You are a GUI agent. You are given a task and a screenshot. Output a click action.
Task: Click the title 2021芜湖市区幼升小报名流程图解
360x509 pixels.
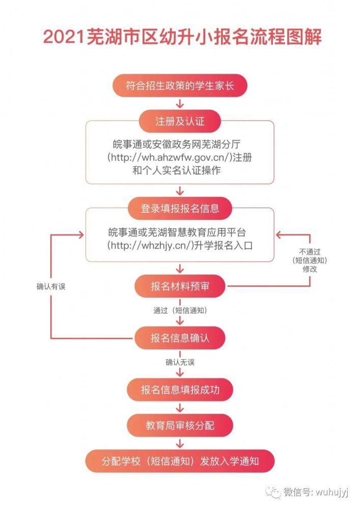182,36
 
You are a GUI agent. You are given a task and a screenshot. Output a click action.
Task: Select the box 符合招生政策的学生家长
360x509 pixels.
180,86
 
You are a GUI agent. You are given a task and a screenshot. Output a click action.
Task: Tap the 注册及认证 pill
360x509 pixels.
180,122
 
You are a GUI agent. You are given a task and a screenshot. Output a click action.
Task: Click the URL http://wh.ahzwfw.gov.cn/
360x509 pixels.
170,157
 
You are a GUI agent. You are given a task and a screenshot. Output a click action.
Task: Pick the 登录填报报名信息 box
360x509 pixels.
180,208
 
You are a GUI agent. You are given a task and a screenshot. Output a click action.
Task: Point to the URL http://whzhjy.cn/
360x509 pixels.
151,245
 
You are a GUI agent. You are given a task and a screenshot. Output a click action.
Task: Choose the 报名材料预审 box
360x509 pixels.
180,286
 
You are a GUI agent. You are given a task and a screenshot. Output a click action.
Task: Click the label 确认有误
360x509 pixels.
51,286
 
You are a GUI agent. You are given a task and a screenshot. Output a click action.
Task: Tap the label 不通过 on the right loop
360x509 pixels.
310,252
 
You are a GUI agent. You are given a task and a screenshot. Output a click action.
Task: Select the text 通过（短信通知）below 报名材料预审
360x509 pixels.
180,310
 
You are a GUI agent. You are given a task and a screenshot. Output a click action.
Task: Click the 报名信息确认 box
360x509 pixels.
180,338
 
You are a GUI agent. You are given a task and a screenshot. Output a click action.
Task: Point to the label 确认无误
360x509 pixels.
180,362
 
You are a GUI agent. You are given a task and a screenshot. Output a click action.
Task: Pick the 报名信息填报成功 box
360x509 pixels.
180,389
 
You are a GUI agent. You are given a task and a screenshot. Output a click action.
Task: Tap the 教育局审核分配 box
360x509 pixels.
180,425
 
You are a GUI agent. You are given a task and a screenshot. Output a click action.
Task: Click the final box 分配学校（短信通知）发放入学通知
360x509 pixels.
180,461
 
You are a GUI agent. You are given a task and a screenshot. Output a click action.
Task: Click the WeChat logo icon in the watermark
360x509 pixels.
273,492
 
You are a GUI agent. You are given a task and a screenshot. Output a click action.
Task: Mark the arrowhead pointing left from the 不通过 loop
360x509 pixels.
279,234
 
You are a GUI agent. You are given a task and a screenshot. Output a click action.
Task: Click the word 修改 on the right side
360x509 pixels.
310,269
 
